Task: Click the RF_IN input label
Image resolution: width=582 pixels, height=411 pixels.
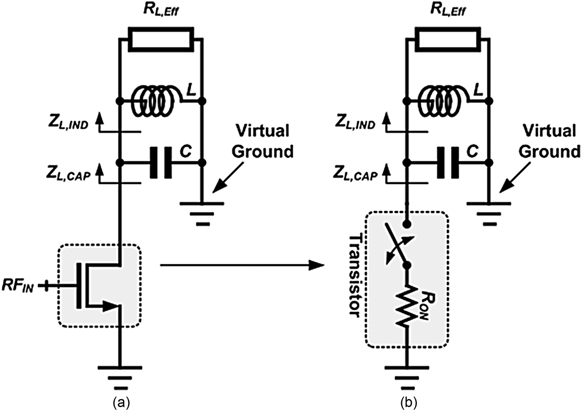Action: tap(17, 286)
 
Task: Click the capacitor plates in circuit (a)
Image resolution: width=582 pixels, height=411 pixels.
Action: tap(161, 162)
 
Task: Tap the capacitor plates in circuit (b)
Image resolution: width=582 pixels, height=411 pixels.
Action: tap(448, 162)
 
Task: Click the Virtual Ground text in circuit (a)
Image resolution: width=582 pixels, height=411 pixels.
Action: tap(262, 141)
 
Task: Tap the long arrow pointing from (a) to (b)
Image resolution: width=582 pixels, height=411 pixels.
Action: tap(241, 265)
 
